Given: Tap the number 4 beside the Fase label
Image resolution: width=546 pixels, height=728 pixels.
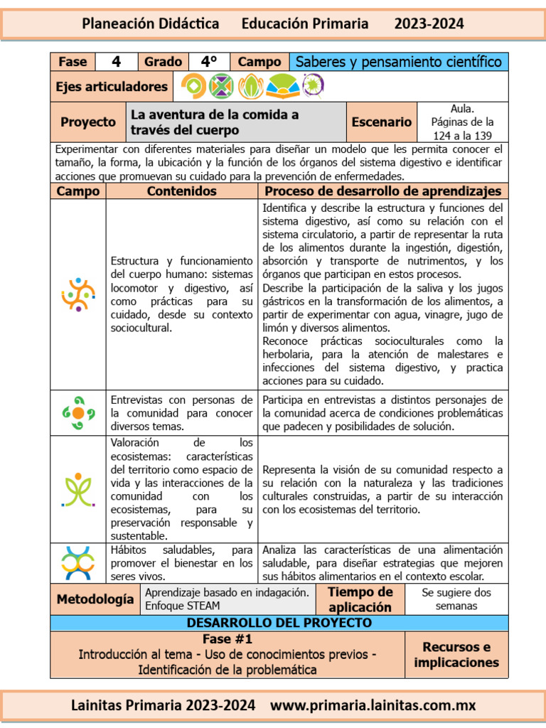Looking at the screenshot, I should (117, 62).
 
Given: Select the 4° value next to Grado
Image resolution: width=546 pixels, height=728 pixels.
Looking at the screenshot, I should (208, 62).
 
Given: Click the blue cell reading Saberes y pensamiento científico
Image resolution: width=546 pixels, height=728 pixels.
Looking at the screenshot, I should (398, 62).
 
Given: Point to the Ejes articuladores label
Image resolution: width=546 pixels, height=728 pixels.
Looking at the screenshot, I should (112, 87).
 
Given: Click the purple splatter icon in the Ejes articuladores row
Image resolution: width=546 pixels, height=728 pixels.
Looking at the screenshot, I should (311, 86).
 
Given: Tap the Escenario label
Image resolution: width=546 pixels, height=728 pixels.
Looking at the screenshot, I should (382, 122).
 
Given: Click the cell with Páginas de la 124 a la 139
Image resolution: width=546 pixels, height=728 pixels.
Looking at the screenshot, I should (463, 122).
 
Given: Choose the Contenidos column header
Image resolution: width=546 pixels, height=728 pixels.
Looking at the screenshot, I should (182, 191).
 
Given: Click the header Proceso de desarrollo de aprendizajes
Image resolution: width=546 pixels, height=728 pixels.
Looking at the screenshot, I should (383, 191).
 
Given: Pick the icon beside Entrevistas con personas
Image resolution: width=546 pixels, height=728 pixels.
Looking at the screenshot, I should (78, 412).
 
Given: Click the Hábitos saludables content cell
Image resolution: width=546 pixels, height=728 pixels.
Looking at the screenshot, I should (182, 563).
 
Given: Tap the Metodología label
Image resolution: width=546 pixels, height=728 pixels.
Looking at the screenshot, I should (95, 599).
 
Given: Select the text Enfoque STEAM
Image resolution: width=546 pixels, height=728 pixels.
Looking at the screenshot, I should (183, 606).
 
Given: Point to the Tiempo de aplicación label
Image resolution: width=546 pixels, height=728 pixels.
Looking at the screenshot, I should (360, 599).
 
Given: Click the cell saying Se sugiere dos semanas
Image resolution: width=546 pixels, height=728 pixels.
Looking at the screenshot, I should (456, 599).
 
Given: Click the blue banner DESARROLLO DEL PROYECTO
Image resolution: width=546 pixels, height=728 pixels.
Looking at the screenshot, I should (279, 623).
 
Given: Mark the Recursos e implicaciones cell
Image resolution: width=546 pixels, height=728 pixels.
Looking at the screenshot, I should (456, 655).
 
